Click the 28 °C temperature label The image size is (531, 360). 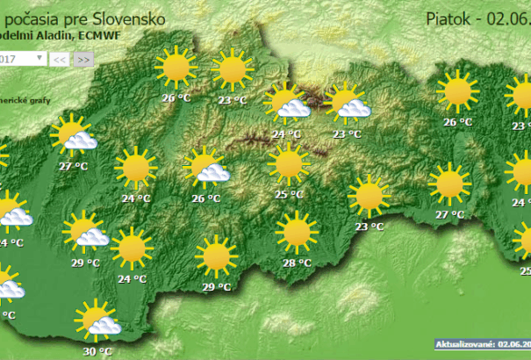(x=298, y=263)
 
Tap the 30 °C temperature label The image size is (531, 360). (x=97, y=351)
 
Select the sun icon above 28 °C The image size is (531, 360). (x=297, y=233)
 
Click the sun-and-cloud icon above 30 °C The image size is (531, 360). (x=97, y=321)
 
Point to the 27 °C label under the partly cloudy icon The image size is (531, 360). (x=73, y=165)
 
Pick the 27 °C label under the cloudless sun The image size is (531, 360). (x=450, y=215)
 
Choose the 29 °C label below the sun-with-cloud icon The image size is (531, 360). (x=85, y=263)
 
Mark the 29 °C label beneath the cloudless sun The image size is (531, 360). (x=217, y=287)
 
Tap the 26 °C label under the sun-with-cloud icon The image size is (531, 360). (x=205, y=198)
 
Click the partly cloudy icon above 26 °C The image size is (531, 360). (x=207, y=169)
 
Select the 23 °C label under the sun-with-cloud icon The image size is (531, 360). (x=348, y=134)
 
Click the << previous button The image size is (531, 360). (x=60, y=60)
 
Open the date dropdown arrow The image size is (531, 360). (x=39, y=59)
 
